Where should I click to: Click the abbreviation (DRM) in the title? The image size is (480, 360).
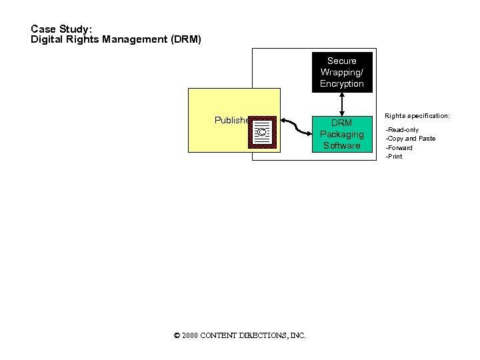point(185,39)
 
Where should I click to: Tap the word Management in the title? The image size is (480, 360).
point(135,39)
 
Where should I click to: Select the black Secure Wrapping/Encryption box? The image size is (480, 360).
point(341,72)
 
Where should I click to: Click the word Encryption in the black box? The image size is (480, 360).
point(341,84)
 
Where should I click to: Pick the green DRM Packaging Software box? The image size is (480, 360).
point(341,133)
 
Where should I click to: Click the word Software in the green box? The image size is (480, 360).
point(341,145)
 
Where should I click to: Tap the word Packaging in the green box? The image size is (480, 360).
point(341,134)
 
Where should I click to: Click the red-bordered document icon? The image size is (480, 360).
point(263,131)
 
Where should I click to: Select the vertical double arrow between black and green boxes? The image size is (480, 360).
point(341,103)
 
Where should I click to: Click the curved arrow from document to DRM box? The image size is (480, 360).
point(296,126)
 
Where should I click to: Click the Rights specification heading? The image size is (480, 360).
point(417,116)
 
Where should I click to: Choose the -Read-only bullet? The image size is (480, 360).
point(403,129)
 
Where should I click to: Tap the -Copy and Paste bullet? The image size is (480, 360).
point(411,139)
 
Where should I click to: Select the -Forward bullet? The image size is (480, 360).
point(399,148)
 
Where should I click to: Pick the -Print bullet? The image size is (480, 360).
point(395,157)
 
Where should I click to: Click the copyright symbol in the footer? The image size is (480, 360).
point(177,336)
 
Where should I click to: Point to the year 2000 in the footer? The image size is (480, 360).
point(189,336)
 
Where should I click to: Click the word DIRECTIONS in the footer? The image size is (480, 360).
point(260,336)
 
